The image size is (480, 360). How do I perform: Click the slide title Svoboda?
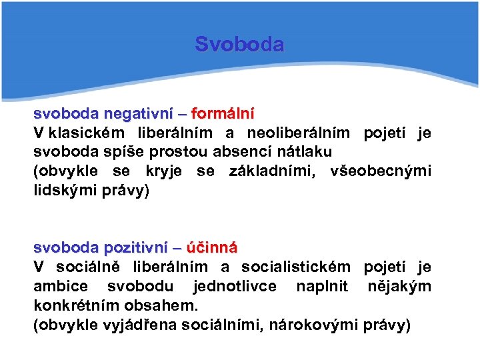pyautogui.click(x=239, y=45)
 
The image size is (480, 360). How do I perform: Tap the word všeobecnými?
pyautogui.click(x=381, y=171)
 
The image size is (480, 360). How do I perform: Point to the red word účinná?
pyautogui.click(x=212, y=248)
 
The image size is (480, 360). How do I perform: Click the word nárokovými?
pyautogui.click(x=321, y=325)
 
